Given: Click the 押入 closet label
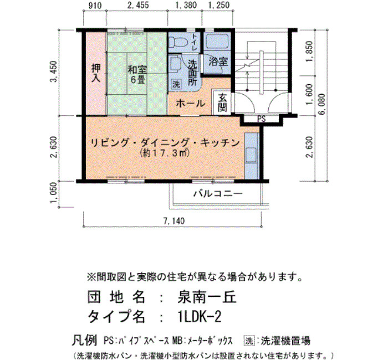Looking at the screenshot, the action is click(96, 73).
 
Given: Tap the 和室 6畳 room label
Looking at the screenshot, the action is click(137, 74).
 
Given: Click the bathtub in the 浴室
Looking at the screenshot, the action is click(217, 40).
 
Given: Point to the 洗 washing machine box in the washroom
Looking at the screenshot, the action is click(176, 84).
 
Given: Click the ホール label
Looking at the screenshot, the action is click(191, 104).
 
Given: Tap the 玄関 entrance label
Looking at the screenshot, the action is click(222, 103).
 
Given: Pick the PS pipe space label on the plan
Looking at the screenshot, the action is click(261, 119).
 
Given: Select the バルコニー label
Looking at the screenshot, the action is click(218, 193).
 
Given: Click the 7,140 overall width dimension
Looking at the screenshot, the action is click(174, 221).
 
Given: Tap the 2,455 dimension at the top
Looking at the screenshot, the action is click(138, 5).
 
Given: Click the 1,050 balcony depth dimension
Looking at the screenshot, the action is click(54, 193).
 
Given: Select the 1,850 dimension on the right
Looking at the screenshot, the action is click(309, 52).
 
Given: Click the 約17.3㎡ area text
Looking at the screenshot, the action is click(165, 153).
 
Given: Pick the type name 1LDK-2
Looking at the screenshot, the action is click(200, 316).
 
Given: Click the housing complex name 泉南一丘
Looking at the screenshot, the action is click(207, 297).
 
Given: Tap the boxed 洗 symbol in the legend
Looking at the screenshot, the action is click(249, 341).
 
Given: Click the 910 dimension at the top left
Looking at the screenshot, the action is click(95, 6).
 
